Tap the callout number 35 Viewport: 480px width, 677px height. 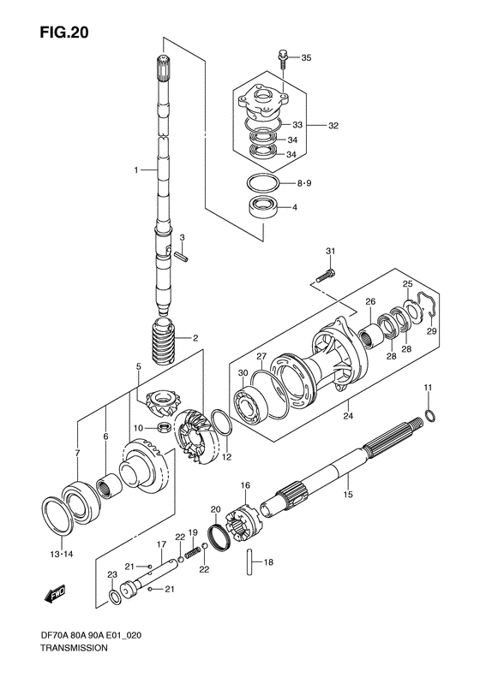click(307, 58)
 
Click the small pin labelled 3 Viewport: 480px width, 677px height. click(181, 253)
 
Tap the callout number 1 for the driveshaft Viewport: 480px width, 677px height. click(136, 170)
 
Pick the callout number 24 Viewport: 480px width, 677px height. click(348, 418)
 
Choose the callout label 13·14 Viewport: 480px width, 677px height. click(61, 554)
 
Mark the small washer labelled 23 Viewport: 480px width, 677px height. click(113, 597)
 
